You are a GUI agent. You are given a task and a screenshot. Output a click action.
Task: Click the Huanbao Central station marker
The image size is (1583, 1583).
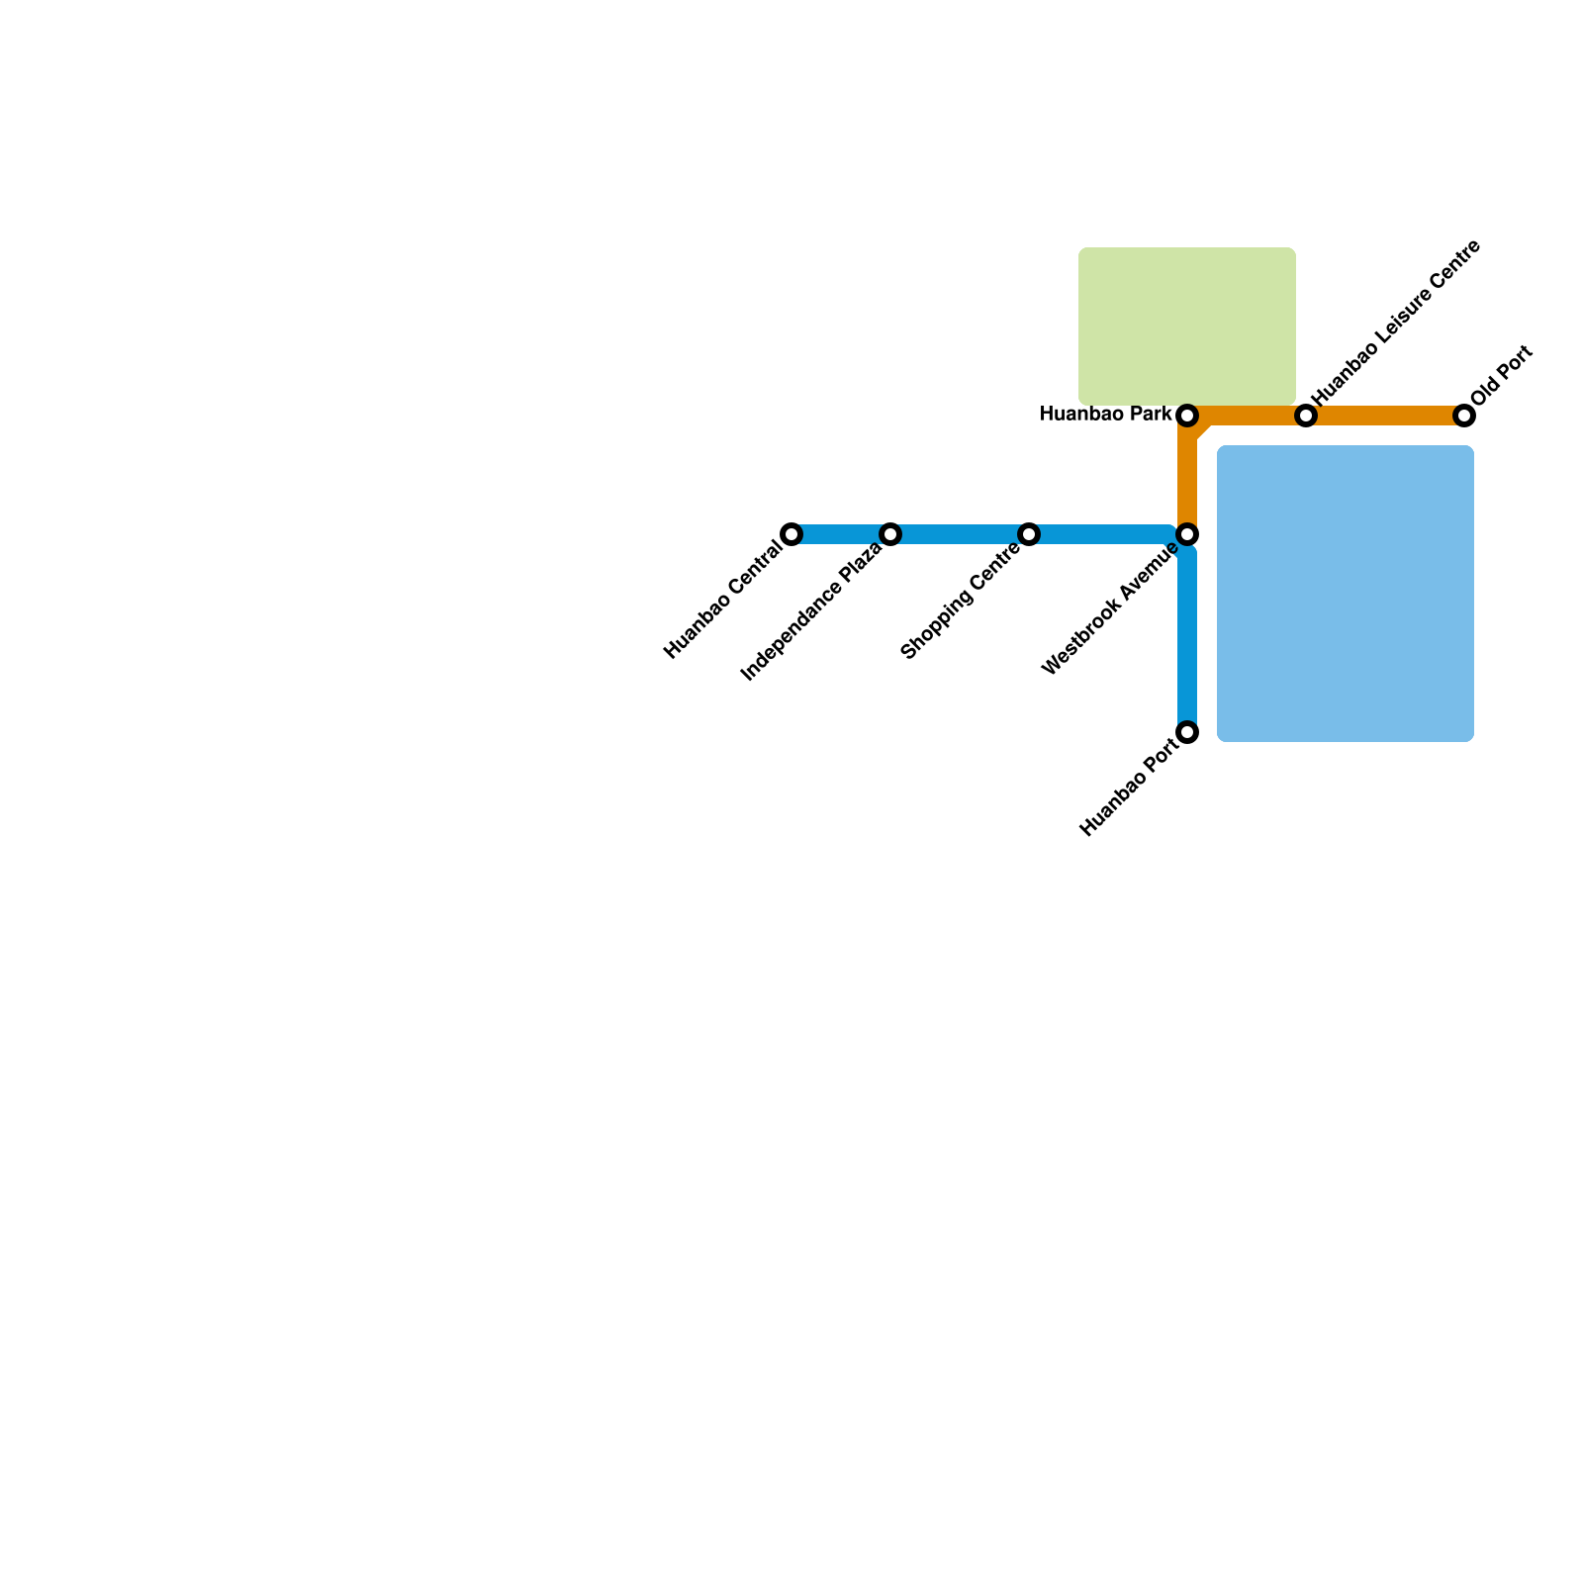(791, 534)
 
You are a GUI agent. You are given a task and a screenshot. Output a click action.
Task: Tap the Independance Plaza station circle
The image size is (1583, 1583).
(890, 534)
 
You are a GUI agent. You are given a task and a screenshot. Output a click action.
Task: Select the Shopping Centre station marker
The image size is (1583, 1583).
(1029, 534)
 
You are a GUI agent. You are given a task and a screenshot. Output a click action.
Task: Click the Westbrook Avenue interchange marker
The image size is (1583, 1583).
(1187, 534)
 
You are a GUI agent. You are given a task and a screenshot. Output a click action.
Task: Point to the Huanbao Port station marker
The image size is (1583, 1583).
(1187, 732)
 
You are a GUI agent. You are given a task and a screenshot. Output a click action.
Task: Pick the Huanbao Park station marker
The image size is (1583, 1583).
(1187, 416)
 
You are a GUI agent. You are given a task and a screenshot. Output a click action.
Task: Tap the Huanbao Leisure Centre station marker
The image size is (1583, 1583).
(1306, 416)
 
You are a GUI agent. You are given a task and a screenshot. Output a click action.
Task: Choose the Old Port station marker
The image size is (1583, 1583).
(1464, 416)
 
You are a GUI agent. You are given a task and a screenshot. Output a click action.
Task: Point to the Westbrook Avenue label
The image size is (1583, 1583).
(1110, 609)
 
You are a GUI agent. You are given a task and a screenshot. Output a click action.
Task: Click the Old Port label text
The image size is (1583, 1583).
(1501, 375)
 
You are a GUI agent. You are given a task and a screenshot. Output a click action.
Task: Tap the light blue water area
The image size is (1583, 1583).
(1346, 594)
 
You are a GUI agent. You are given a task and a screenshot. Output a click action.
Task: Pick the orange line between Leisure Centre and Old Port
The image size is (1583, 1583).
(1385, 416)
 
